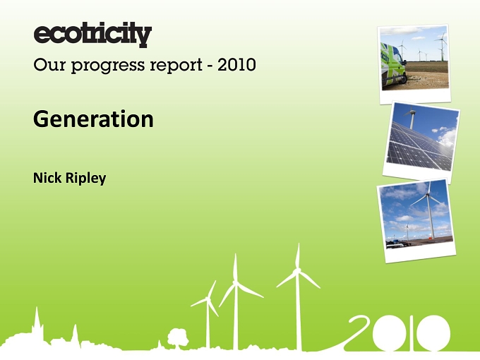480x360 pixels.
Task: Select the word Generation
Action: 93,119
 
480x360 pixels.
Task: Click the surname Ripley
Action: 86,179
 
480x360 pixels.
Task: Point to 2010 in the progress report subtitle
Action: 236,65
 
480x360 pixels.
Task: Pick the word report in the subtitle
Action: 176,66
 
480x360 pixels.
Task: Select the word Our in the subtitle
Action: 49,65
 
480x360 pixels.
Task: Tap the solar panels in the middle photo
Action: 419,147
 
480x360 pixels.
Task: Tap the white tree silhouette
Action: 178,338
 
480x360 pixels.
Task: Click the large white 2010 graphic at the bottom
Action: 398,333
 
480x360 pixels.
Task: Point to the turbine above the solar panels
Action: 411,118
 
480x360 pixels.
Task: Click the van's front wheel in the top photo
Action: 404,78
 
